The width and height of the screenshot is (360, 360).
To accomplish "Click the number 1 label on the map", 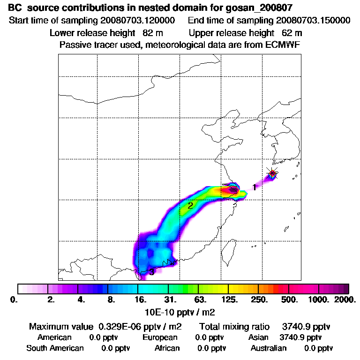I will coord(254,187).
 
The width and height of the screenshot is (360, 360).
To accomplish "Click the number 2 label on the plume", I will coord(190,205).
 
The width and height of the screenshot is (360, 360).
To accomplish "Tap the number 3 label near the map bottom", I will coord(151,272).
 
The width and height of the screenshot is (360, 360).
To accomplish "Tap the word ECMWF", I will coord(281,45).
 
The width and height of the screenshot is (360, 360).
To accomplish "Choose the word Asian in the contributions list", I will coord(258,337).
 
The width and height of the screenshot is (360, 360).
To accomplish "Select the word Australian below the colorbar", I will coord(269,348).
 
